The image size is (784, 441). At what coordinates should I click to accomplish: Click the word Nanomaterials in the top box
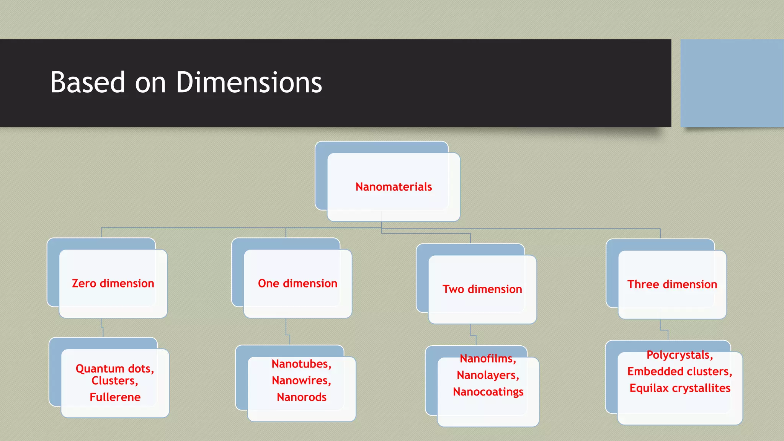[394, 187]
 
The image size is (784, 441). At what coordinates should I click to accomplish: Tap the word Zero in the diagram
[84, 283]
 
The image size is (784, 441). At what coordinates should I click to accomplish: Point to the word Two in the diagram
[453, 289]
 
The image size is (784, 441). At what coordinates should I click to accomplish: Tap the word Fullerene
[115, 397]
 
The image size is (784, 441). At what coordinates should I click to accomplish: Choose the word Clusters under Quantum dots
[114, 381]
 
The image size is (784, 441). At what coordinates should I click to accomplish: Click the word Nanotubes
[301, 364]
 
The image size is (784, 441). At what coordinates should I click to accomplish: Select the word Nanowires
[301, 381]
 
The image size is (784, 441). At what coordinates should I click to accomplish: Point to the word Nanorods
[302, 397]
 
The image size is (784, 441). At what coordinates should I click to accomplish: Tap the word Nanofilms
[487, 359]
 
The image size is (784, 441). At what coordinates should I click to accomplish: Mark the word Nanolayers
[487, 375]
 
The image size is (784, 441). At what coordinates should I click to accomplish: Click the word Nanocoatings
[488, 392]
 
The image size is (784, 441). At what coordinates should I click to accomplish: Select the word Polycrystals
[679, 355]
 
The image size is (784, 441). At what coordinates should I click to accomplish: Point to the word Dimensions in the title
[249, 82]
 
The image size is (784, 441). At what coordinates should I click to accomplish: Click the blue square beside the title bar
[732, 83]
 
